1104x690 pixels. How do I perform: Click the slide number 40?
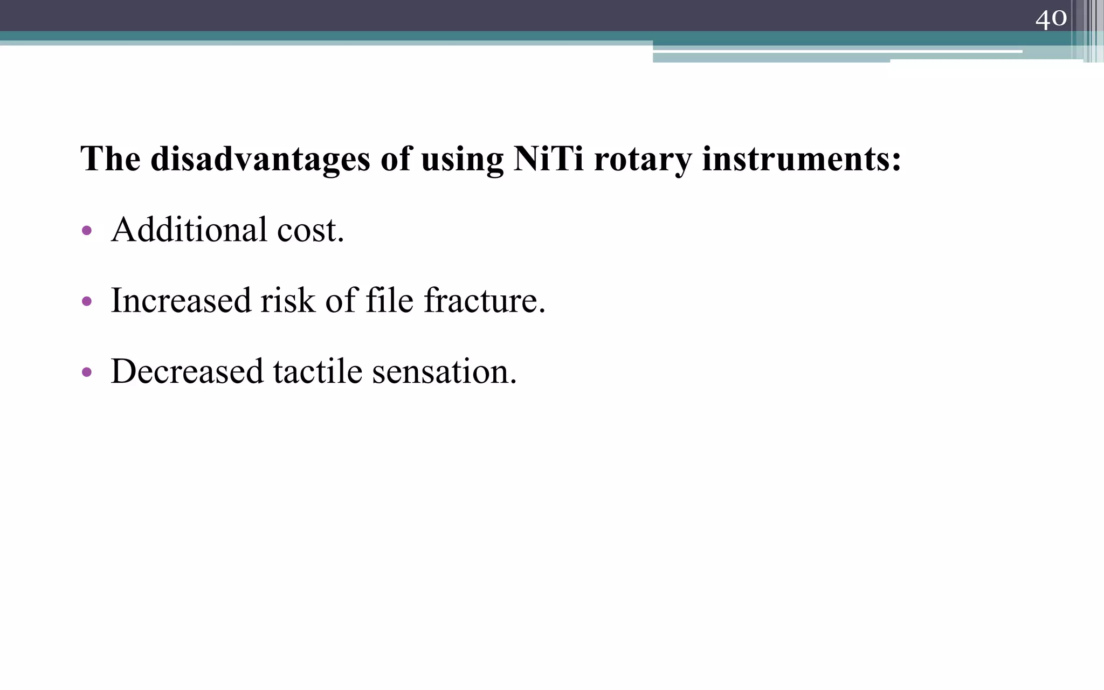pos(1051,19)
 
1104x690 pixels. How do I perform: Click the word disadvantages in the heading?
pos(260,160)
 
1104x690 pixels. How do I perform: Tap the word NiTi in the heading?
pos(548,160)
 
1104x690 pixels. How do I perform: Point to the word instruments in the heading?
pos(801,160)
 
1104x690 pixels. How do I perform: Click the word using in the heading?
pos(462,160)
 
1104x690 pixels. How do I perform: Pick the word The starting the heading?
pos(111,160)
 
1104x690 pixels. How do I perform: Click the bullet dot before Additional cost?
pos(86,231)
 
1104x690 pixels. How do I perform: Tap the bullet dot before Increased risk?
pos(86,301)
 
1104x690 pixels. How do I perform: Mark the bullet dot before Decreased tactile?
pos(86,372)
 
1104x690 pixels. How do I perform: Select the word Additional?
pos(189,230)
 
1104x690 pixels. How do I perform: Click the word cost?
pos(310,230)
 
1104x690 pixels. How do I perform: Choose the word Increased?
pos(181,300)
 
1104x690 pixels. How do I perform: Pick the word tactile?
pos(318,371)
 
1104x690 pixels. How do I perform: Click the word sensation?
pos(444,371)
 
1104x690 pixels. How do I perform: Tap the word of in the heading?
pos(396,160)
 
